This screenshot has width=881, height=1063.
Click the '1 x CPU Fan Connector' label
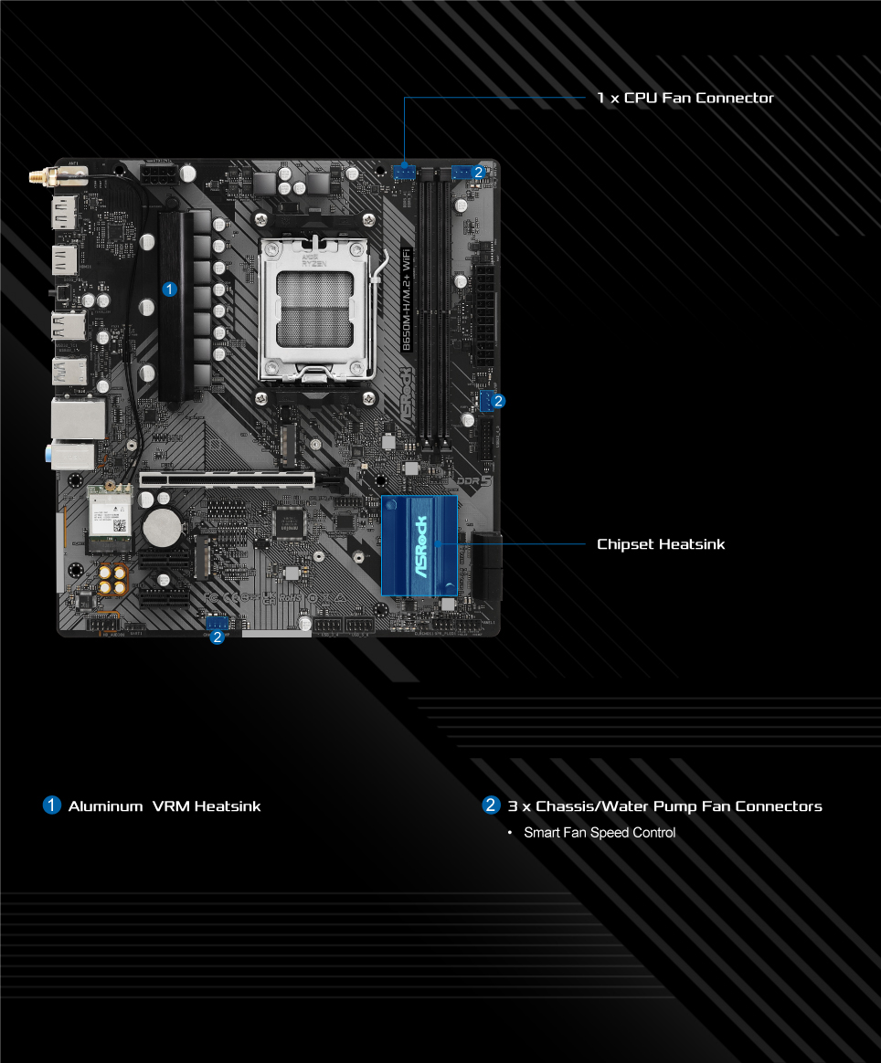[685, 98]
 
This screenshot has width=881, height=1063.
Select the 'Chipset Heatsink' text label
[660, 544]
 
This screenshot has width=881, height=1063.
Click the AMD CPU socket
[314, 309]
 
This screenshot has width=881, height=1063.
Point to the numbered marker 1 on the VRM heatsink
[168, 289]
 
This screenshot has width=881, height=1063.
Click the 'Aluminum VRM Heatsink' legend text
[164, 806]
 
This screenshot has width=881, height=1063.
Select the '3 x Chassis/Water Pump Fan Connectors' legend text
[664, 806]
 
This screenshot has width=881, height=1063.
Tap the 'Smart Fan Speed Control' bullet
[599, 833]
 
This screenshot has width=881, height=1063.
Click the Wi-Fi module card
[110, 518]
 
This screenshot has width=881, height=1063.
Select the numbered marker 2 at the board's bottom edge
[217, 637]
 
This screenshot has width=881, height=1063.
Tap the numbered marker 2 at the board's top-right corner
[479, 171]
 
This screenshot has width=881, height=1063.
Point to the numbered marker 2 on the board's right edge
[498, 400]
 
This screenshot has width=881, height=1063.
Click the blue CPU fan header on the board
[404, 171]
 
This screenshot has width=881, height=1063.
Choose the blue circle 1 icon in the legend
[52, 805]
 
